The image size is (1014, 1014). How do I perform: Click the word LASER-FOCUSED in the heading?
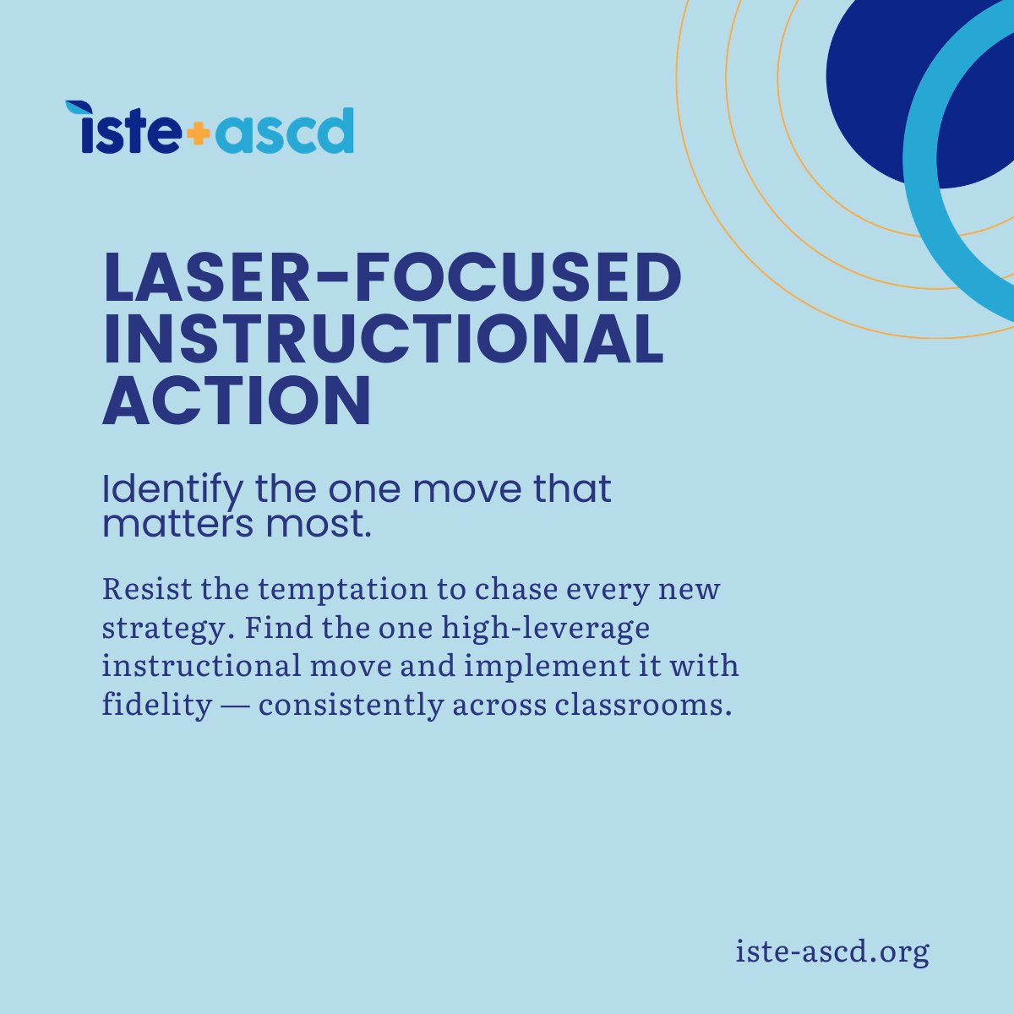[391, 280]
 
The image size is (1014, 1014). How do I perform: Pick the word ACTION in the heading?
[237, 401]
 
